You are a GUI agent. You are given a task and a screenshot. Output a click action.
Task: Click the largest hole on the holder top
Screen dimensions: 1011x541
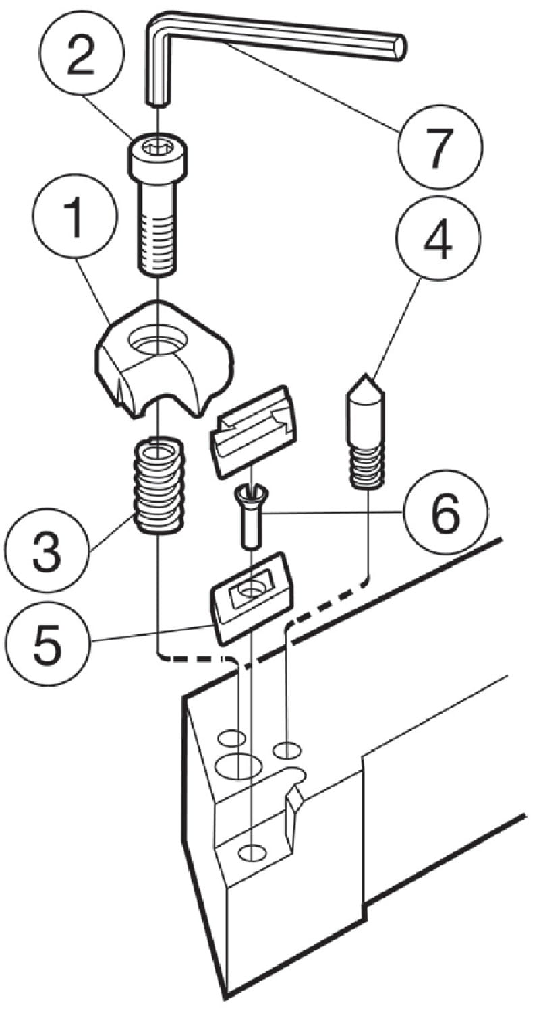click(x=237, y=766)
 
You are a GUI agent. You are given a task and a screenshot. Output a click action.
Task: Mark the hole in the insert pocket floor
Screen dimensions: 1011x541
click(x=253, y=852)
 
